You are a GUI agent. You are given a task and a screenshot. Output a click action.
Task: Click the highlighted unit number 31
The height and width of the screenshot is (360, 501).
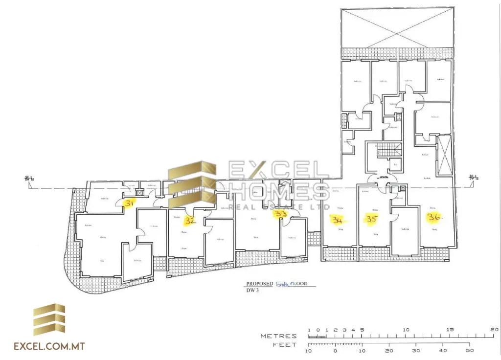point(129,203)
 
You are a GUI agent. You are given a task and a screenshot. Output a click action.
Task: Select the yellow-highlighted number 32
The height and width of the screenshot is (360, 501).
point(190,221)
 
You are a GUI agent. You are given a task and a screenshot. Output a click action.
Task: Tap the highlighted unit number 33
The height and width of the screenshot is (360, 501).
point(280,215)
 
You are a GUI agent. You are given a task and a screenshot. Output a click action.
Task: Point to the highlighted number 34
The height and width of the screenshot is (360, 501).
point(337,220)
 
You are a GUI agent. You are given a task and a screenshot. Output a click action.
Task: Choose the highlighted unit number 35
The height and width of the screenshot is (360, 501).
point(371,220)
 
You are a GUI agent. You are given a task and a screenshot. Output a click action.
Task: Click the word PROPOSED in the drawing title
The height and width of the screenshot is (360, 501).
point(259,284)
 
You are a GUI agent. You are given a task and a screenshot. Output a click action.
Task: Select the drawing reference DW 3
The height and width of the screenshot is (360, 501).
point(252,290)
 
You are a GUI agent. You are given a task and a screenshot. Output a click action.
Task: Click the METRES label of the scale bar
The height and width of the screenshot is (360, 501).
point(278,336)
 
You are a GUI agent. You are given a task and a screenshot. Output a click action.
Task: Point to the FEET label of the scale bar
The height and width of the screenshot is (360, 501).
point(285,345)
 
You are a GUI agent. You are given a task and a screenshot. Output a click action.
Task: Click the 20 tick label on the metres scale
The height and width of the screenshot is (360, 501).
point(494,330)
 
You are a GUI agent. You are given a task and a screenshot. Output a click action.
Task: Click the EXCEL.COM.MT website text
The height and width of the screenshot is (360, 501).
point(49,346)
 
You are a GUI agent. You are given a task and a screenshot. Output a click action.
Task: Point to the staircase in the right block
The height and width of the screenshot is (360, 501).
point(386,151)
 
